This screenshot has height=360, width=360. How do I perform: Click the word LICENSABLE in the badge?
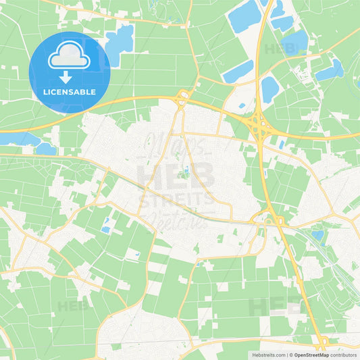70,91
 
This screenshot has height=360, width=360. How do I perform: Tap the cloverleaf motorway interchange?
257,124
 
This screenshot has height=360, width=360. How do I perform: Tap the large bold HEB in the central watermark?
176,175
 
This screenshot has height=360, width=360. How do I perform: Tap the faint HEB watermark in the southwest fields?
73,305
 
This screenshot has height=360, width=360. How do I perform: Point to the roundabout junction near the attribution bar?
319,342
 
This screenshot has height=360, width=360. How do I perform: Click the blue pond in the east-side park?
317,235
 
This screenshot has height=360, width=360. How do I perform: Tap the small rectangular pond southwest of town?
105,230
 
